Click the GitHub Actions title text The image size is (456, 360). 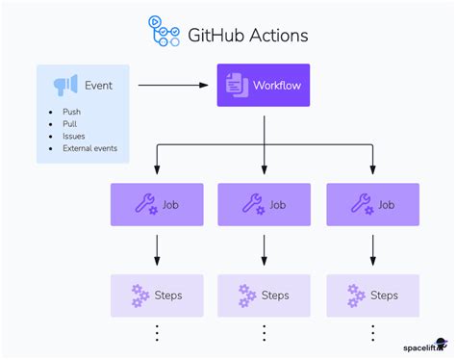click(x=247, y=36)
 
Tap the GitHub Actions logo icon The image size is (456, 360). click(x=164, y=31)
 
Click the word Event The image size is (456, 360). click(x=98, y=86)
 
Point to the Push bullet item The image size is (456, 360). click(x=70, y=112)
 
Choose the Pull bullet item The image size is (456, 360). click(x=68, y=124)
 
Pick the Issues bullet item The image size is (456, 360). click(x=72, y=137)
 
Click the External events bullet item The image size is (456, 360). click(x=89, y=149)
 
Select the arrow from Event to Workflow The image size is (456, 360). click(x=173, y=86)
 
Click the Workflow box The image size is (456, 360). click(x=264, y=86)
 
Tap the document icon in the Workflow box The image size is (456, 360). click(x=236, y=86)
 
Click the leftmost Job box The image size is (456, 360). click(x=156, y=204)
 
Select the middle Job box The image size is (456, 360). click(x=264, y=204)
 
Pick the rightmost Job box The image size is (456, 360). click(x=372, y=204)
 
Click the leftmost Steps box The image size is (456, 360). click(x=156, y=296)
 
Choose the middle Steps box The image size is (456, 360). click(x=264, y=296)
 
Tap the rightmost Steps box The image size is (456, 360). click(x=372, y=296)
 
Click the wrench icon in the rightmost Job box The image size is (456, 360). click(x=361, y=204)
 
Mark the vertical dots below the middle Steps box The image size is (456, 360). click(x=264, y=333)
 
